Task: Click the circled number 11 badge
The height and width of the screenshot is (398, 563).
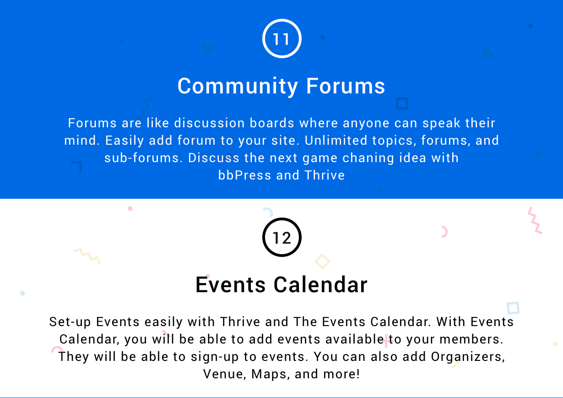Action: click(282, 38)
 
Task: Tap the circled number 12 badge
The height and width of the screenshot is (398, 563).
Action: click(282, 237)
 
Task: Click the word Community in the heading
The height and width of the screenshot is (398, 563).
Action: click(238, 87)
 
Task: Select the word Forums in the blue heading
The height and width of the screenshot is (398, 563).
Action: click(346, 86)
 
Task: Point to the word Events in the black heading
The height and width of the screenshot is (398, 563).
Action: click(231, 284)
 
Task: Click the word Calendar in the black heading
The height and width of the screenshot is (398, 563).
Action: click(320, 284)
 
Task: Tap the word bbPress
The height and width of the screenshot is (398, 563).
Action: click(244, 175)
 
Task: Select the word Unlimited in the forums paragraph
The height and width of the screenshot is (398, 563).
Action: click(336, 140)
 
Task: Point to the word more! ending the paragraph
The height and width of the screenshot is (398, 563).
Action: click(341, 374)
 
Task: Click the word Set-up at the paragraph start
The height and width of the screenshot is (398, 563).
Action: click(70, 322)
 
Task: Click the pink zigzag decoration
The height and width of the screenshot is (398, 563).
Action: click(535, 220)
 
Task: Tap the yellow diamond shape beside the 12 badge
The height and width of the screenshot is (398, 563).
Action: click(323, 261)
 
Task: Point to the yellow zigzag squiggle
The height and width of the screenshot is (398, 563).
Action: click(87, 256)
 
